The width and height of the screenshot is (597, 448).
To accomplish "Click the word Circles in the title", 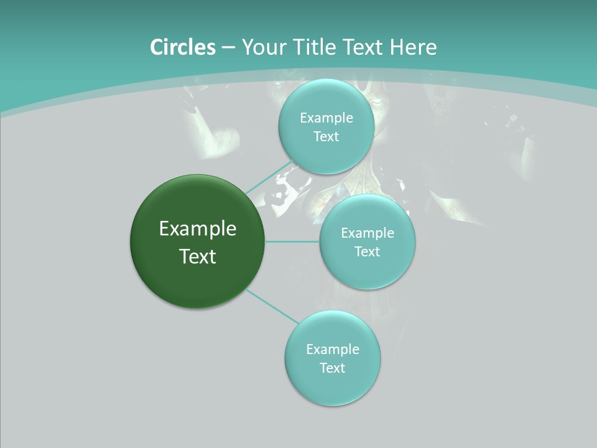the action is [182, 47].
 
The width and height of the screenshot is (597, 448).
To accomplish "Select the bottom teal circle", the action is [332, 386].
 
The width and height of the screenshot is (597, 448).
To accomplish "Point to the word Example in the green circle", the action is [198, 229].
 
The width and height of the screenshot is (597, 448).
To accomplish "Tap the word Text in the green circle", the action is [198, 256].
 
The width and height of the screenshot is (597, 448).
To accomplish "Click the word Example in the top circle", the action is [326, 118].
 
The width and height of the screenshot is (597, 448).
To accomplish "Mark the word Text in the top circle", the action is [326, 137].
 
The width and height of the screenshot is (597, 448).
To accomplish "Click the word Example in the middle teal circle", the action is [368, 233].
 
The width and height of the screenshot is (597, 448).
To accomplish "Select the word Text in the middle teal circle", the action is [367, 252].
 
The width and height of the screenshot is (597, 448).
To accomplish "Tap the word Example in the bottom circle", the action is [333, 350].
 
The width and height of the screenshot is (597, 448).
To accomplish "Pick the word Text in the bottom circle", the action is [332, 368].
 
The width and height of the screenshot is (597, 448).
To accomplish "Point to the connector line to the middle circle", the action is [292, 241].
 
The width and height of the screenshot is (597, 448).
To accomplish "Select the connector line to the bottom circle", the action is [274, 307].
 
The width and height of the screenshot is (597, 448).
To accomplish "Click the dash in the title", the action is [228, 48].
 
